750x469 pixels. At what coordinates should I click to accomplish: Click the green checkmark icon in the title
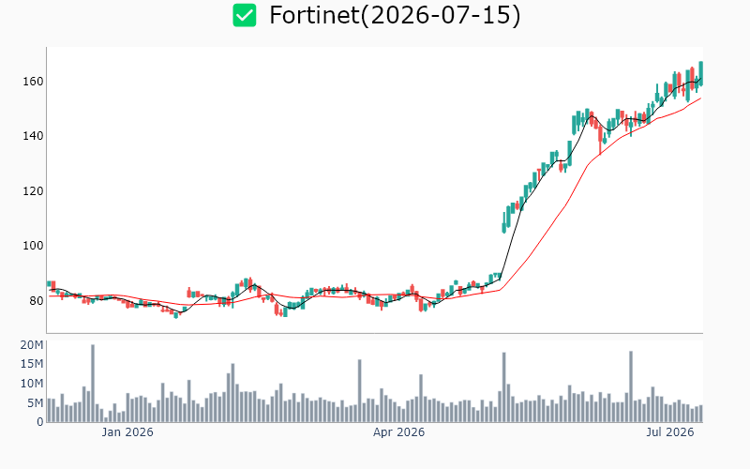(x=245, y=15)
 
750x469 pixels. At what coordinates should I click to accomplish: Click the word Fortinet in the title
(x=314, y=15)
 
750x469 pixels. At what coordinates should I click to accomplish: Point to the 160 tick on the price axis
(x=33, y=82)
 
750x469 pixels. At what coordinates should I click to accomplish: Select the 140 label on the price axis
(x=33, y=136)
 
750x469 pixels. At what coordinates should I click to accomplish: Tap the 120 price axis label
(x=33, y=191)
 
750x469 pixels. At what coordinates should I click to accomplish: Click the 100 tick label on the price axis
(x=33, y=246)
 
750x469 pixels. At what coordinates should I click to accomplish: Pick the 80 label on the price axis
(x=37, y=301)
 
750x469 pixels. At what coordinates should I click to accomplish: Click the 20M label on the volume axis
(x=32, y=345)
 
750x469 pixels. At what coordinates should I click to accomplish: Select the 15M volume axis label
(x=32, y=364)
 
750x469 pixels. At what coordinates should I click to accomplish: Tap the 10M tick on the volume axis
(x=32, y=384)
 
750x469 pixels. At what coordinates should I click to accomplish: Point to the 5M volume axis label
(x=36, y=403)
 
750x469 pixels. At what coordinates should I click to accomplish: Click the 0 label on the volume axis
(x=40, y=422)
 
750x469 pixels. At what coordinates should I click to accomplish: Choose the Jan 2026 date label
(x=127, y=432)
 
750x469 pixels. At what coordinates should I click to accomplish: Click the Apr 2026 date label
(x=399, y=432)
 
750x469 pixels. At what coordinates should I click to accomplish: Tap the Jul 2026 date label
(x=670, y=432)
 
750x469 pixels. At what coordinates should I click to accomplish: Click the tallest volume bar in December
(x=93, y=384)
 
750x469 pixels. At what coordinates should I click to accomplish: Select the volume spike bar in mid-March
(x=360, y=391)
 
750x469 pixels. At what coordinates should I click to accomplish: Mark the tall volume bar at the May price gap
(x=504, y=387)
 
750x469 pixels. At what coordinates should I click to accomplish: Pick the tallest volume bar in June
(x=631, y=386)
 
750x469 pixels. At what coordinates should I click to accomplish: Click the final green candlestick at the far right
(x=700, y=73)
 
